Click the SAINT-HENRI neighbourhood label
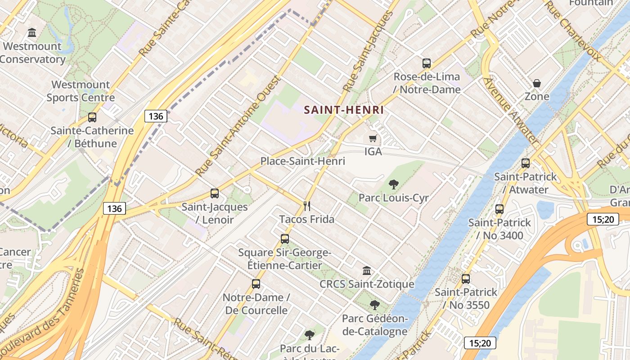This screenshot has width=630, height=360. click(x=344, y=110)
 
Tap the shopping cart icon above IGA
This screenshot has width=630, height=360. click(x=373, y=138)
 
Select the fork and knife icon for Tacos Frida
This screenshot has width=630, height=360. click(x=307, y=206)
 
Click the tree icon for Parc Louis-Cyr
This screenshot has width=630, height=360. click(x=393, y=184)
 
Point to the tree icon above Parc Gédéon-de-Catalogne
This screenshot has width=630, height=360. click(x=374, y=305)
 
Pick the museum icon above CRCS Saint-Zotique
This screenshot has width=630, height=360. click(x=367, y=271)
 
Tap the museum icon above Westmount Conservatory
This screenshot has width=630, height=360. click(x=32, y=32)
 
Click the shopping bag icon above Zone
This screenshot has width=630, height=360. click(x=537, y=83)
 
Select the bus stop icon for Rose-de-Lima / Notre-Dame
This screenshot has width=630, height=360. click(x=427, y=63)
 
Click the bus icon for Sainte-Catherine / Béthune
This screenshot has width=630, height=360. click(x=92, y=117)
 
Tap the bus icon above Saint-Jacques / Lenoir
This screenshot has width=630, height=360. click(x=215, y=193)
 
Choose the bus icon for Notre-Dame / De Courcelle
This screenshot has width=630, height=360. click(x=256, y=284)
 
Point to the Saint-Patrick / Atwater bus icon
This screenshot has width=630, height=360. click(x=525, y=163)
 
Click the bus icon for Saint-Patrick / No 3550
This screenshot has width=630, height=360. click(x=466, y=279)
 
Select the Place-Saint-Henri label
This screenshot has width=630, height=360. click(x=303, y=161)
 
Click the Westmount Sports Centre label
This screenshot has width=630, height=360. click(x=81, y=91)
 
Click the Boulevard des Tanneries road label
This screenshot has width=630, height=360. click(x=43, y=315)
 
